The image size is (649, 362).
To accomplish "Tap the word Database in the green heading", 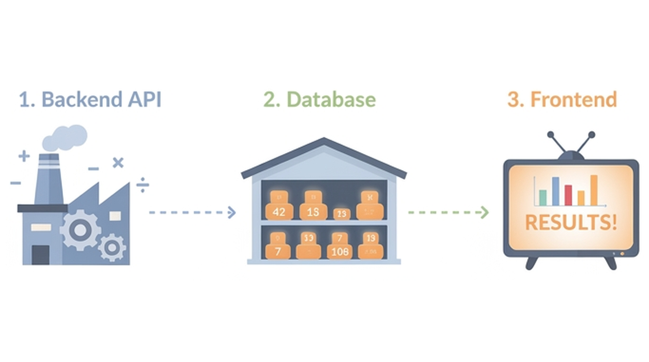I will coord(331,100).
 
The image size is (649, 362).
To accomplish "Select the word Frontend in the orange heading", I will coord(574,100).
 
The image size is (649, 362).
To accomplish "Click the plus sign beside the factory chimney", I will coord(24,156).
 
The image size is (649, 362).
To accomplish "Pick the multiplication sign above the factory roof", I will coord(118,163).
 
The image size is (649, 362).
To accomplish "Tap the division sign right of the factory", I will coord(142,186).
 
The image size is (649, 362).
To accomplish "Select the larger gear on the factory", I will coord(80,230).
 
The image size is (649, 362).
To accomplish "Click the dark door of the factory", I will coord(40,255).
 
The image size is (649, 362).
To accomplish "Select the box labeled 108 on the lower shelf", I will coord(340,251).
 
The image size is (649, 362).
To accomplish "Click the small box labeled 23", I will coord(341,214).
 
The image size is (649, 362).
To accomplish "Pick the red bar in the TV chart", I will coord(568,195).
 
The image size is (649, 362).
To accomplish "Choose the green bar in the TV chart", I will coord(543,198).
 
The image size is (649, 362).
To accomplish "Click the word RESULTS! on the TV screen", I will coord(571,222).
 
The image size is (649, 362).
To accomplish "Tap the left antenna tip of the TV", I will coord(550,135).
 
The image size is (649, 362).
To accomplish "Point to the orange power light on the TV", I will coord(622,254).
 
